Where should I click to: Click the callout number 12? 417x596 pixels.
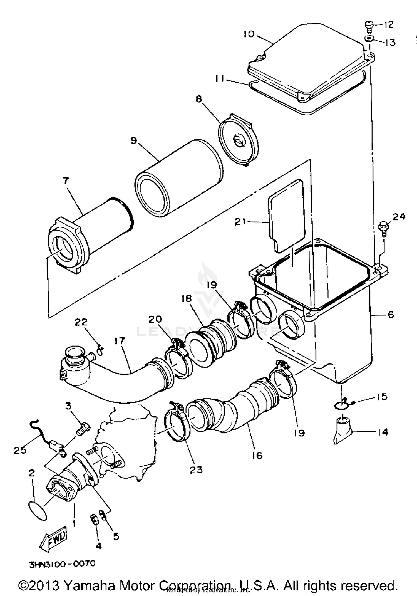pyautogui.click(x=389, y=25)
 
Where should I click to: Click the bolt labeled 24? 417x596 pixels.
pyautogui.click(x=383, y=226)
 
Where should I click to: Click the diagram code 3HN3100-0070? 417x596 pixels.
pyautogui.click(x=62, y=564)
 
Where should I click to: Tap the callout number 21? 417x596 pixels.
pyautogui.click(x=240, y=222)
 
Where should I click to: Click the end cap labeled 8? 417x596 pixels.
pyautogui.click(x=239, y=141)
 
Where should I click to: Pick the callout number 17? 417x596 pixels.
pyautogui.click(x=119, y=341)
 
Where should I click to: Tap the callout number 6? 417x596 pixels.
pyautogui.click(x=391, y=315)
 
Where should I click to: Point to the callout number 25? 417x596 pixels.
pyautogui.click(x=20, y=450)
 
